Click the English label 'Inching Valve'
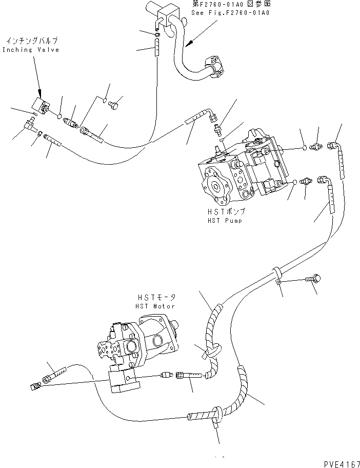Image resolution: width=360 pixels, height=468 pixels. click(31, 50)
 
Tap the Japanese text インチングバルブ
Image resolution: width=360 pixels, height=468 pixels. click(32, 40)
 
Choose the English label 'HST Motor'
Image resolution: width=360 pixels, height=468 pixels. click(155, 306)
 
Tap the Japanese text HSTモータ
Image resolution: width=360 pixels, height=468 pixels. click(156, 297)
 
